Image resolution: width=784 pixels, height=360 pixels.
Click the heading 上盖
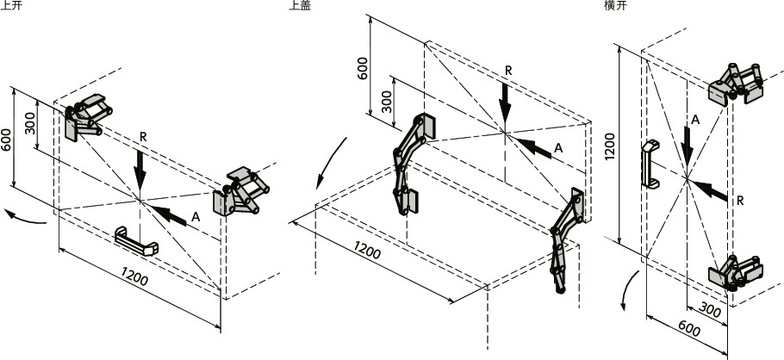coord(300,5)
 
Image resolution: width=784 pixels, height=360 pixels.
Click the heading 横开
coord(615,5)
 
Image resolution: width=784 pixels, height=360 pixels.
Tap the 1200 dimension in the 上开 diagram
coord(134,276)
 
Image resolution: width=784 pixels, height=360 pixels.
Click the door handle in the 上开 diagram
coord(136,240)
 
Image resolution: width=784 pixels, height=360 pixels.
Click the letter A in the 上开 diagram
coord(196,217)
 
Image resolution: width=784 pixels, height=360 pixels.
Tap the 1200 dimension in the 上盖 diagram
coord(367,250)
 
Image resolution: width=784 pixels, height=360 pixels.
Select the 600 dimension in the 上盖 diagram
coord(363,68)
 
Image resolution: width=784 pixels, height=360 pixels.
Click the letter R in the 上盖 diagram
coord(508,71)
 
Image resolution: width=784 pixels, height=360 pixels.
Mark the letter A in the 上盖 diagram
coord(558,148)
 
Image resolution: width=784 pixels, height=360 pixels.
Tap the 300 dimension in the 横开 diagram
coord(710,310)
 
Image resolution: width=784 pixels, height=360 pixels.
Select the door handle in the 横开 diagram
coord(649,164)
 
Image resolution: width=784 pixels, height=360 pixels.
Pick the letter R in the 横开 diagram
coord(740,201)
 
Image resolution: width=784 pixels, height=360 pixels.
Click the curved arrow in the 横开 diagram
coord(629,291)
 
